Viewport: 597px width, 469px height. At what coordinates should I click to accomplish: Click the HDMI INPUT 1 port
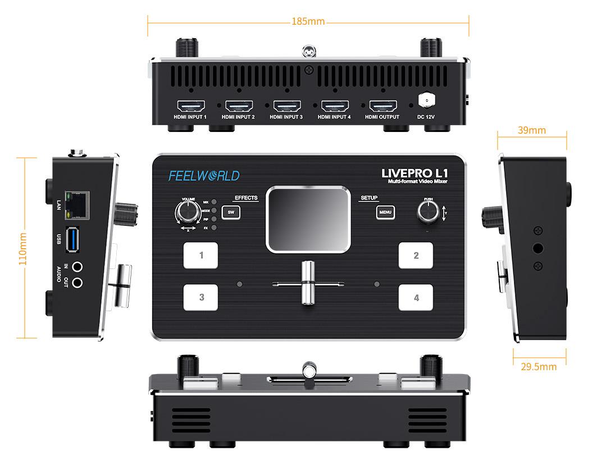point(191,106)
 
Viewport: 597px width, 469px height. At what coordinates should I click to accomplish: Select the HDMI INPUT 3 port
point(287,106)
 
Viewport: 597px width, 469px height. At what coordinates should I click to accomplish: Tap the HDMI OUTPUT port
point(383,106)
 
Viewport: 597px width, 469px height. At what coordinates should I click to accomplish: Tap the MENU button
point(385,212)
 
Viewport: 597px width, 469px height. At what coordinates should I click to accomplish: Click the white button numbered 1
point(200,256)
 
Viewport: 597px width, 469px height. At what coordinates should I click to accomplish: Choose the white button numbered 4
point(416,298)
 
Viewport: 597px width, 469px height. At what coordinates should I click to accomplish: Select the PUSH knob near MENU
point(428,212)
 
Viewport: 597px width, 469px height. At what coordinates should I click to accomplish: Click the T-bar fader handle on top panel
point(307,283)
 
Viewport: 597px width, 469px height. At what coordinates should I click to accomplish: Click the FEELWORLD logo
point(204,176)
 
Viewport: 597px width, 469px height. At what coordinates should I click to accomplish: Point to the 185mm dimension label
point(308,21)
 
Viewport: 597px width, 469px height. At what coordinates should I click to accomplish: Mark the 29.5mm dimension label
point(539,367)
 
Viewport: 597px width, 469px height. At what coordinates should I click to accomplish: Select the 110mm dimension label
point(23,248)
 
